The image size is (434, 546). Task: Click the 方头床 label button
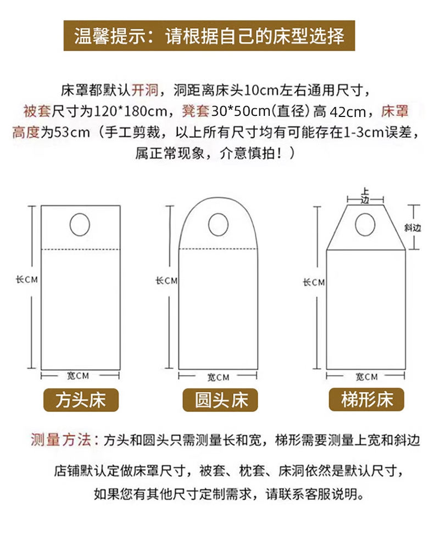tap(81, 400)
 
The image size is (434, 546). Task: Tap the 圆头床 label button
tap(220, 400)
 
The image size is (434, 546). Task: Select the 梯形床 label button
tap(366, 399)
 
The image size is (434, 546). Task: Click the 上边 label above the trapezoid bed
tap(365, 196)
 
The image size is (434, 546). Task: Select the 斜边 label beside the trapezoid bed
tap(413, 228)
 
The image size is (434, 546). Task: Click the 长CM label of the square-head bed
tap(27, 279)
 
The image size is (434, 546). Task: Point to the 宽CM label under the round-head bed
tap(219, 377)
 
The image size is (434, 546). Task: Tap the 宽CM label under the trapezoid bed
tap(366, 377)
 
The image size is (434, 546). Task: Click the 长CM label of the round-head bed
tap(166, 281)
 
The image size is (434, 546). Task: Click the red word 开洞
tap(145, 90)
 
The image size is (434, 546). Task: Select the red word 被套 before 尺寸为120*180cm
tap(37, 112)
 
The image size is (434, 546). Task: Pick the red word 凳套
tap(196, 112)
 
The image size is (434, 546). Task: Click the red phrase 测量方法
tap(61, 440)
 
